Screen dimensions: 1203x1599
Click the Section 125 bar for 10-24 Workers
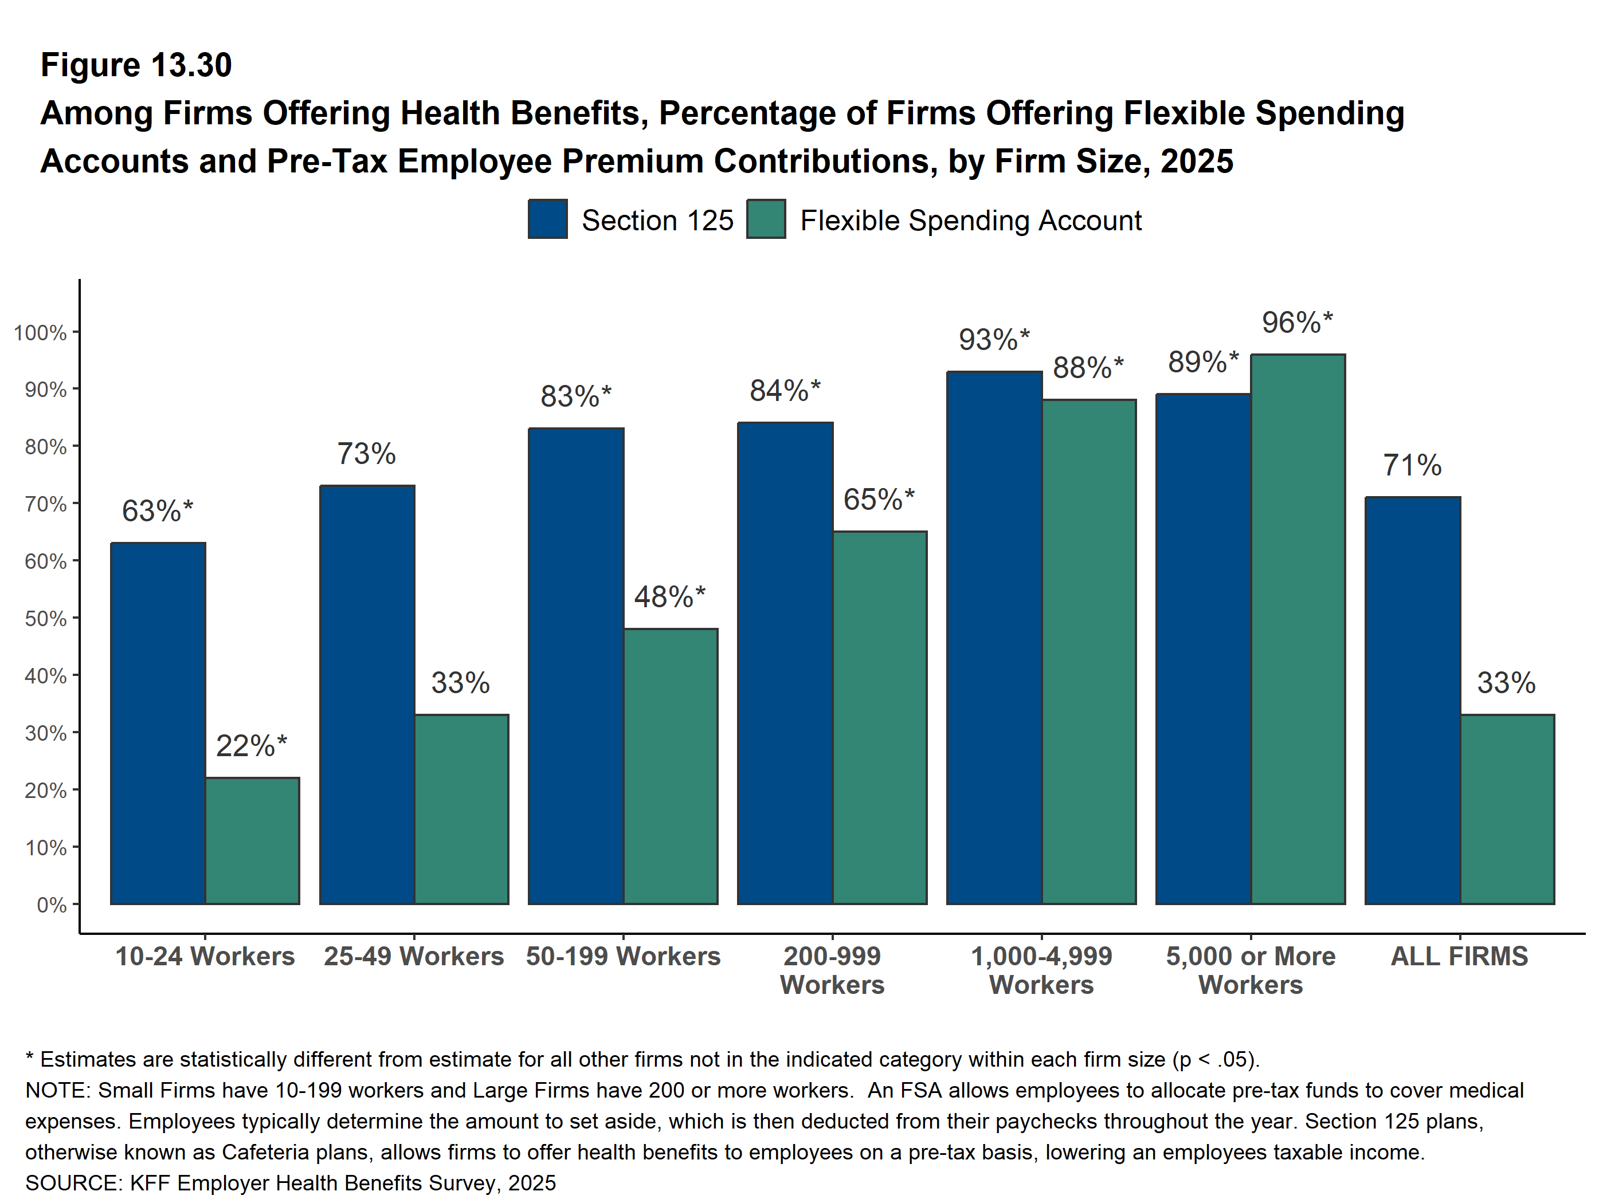[158, 722]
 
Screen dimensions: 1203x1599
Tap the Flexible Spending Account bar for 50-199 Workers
[671, 766]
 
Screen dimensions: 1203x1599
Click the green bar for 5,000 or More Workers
[1298, 628]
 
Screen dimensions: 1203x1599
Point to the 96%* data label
[1297, 323]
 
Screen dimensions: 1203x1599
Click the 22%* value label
[251, 746]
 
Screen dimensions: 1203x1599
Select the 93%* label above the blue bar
[994, 340]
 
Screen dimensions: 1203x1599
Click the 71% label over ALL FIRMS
[1412, 465]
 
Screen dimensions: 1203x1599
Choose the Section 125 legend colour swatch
[547, 219]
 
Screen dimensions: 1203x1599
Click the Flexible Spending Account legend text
[970, 221]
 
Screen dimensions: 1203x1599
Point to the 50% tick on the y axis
[45, 619]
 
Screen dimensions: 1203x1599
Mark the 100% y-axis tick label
[40, 332]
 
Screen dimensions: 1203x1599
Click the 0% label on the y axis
[52, 905]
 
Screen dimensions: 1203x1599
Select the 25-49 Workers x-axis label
[413, 956]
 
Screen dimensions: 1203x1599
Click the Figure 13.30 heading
[136, 65]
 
